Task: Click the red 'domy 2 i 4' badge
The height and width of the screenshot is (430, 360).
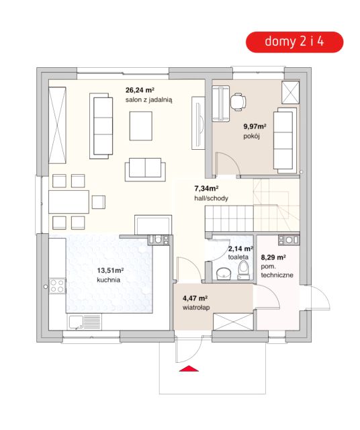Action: [294, 42]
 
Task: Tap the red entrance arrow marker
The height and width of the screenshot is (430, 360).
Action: [189, 368]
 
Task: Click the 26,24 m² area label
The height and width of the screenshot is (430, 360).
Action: [140, 90]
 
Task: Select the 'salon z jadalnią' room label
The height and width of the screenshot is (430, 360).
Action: [149, 100]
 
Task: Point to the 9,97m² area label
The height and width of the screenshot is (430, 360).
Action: [255, 126]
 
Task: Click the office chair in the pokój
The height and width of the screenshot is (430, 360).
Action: [238, 102]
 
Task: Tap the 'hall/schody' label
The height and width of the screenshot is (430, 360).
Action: [211, 198]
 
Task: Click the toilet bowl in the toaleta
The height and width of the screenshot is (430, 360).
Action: [243, 270]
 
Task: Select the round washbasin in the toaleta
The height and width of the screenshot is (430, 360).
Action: [224, 273]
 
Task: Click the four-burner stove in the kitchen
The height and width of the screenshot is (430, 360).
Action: [57, 286]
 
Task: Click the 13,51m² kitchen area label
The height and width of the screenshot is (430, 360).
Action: [110, 270]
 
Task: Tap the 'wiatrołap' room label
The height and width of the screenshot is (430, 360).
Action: [196, 308]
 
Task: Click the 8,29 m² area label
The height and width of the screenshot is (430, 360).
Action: [273, 257]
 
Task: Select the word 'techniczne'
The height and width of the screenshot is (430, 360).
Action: [277, 275]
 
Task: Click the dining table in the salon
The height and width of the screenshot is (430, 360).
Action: [69, 202]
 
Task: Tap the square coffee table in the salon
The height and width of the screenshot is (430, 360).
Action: [141, 126]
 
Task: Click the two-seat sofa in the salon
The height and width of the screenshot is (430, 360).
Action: [145, 169]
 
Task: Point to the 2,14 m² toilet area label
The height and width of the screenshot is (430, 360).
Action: [240, 249]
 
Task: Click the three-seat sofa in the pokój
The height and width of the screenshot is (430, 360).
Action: [285, 140]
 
